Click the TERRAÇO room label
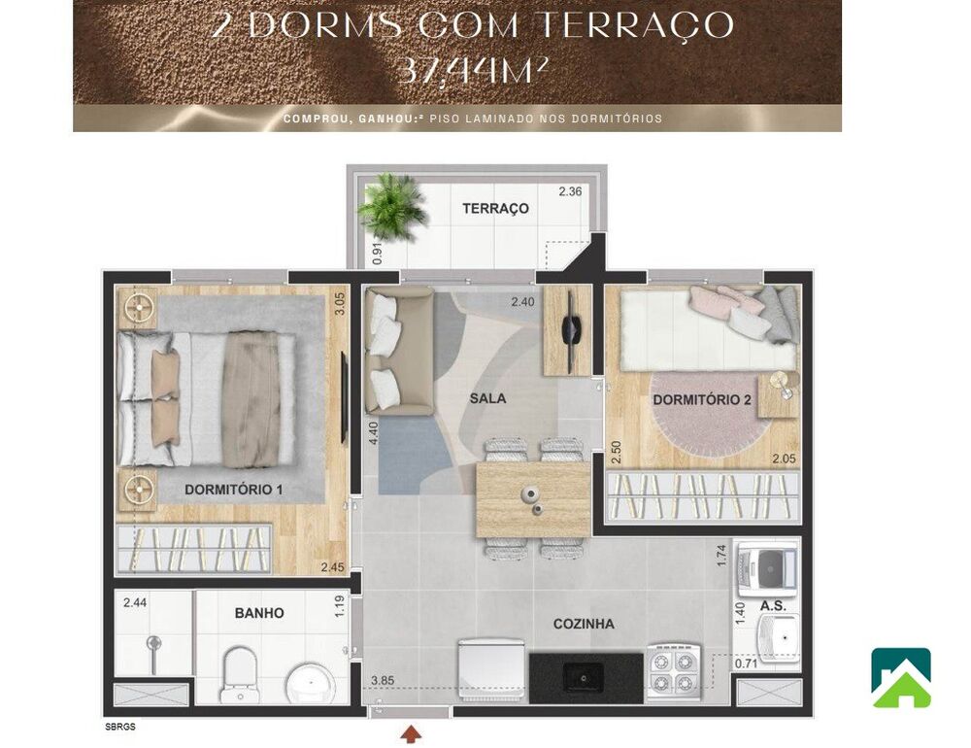click(x=495, y=208)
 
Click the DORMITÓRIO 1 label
click(x=233, y=490)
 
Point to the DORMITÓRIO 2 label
click(x=702, y=400)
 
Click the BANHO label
click(x=259, y=613)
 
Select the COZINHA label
click(x=584, y=624)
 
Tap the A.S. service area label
click(x=773, y=604)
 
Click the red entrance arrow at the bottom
click(x=411, y=733)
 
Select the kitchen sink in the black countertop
click(x=586, y=672)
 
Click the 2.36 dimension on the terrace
click(x=570, y=191)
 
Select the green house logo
click(x=900, y=677)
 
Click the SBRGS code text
click(x=120, y=726)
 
